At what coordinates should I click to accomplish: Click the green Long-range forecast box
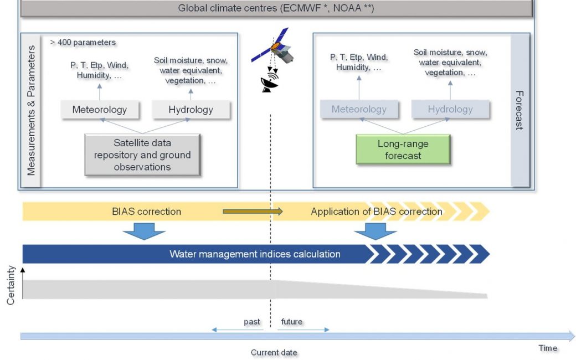pos(403,149)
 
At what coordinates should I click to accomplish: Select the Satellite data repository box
pos(142,155)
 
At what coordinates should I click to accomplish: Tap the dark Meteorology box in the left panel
pos(100,110)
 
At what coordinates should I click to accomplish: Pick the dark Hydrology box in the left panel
pos(191,110)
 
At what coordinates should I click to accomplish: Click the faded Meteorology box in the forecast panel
pos(359,109)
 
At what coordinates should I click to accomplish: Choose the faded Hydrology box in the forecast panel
pos(450,109)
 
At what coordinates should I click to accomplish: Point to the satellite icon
pos(274,46)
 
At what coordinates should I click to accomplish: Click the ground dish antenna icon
pos(270,83)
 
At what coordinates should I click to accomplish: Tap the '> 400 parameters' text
pos(83,42)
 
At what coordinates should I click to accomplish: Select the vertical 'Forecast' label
pos(520,110)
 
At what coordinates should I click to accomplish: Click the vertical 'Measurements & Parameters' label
pos(31,110)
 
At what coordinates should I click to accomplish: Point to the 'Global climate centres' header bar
pos(276,8)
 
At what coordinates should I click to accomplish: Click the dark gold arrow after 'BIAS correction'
pos(253,211)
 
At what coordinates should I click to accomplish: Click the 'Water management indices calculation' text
pos(255,254)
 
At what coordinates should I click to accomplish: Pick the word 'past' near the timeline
pos(252,321)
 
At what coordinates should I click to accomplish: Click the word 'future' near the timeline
pos(292,321)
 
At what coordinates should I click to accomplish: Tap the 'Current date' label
pos(274,352)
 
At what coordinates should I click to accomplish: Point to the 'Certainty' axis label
pos(11,285)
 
